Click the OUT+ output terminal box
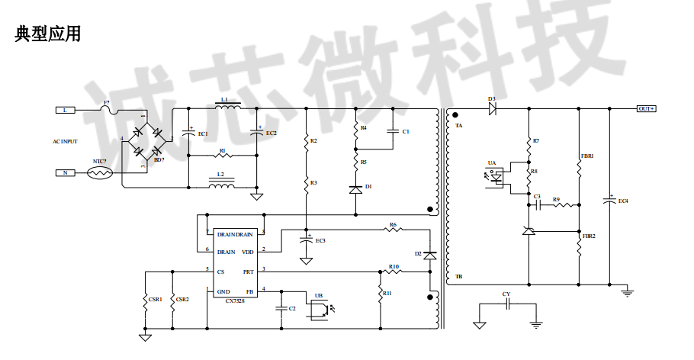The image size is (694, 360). coord(647,108)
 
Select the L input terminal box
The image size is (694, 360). coord(66,110)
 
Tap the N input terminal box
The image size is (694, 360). coord(66,173)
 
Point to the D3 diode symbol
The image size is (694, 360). coord(493,109)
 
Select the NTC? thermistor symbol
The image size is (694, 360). coord(100,173)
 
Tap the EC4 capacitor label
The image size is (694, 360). coord(623,201)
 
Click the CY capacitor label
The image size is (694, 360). coord(506,294)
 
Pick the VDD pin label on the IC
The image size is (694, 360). coord(248,251)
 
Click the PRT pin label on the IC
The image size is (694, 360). coord(248,271)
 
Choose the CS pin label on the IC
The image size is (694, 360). coord(221,271)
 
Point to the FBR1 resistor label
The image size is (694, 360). coord(587,156)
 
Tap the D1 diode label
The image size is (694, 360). coord(368,186)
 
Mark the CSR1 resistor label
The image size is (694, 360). coord(155,299)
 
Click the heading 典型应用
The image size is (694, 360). coord(48,34)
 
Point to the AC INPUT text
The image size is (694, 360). coord(65,141)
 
